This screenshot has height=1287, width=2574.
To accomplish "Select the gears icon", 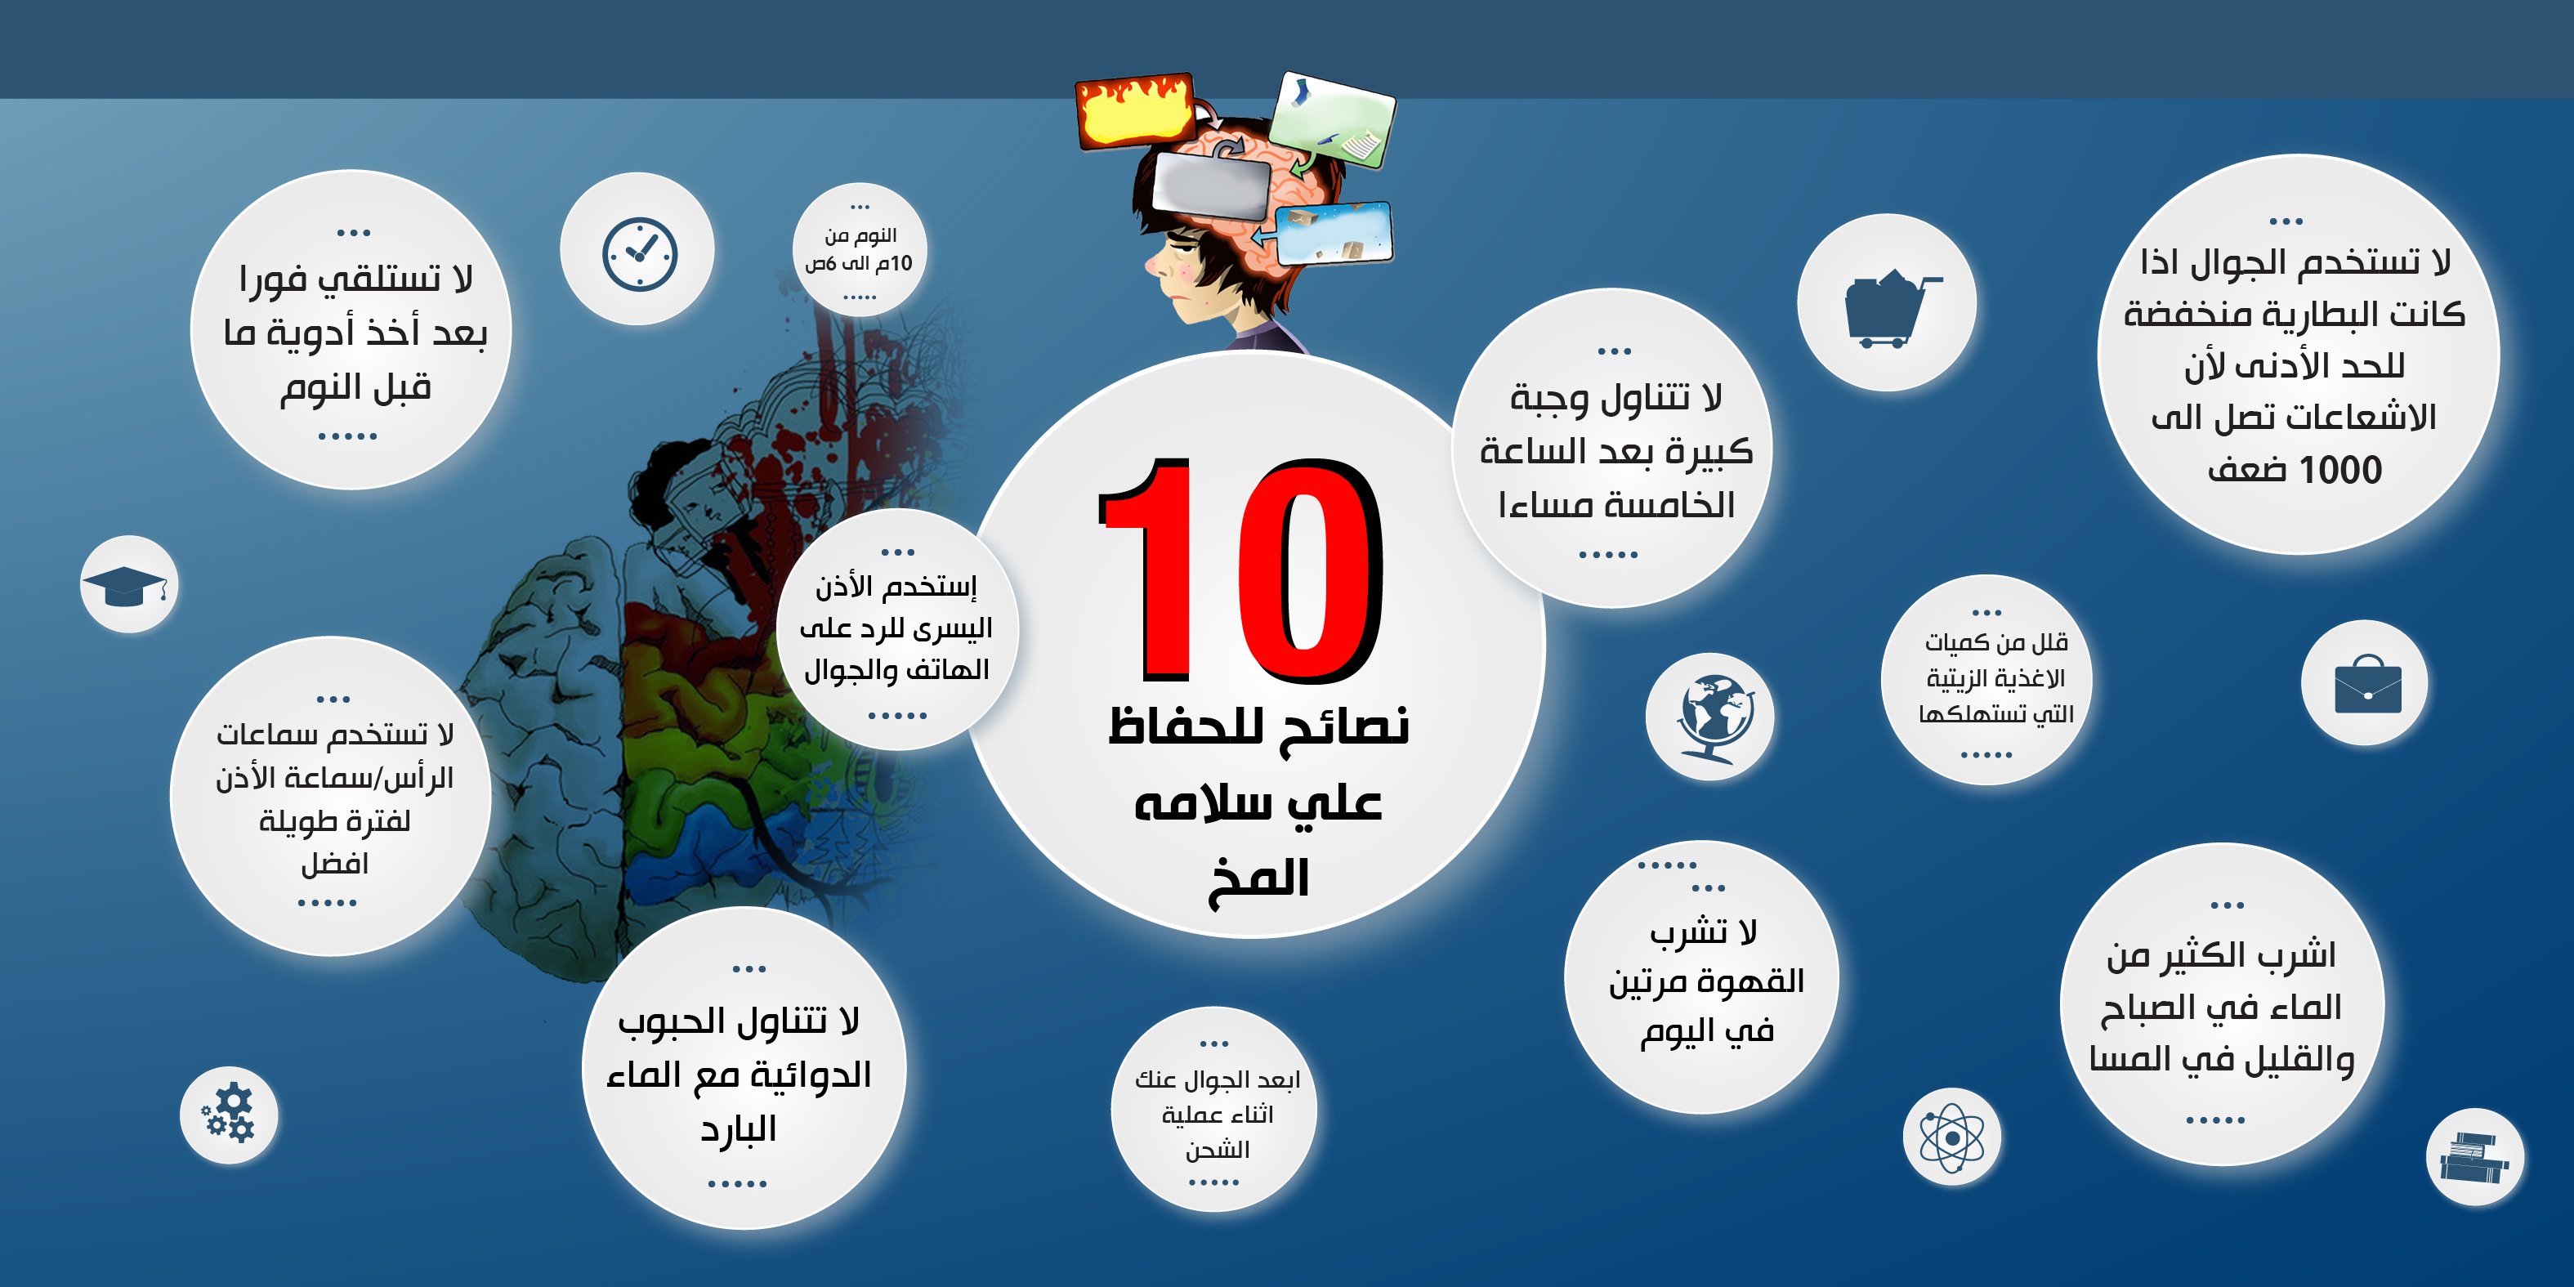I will click(x=230, y=1113).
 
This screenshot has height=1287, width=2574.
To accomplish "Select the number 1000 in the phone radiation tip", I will click(x=2340, y=470).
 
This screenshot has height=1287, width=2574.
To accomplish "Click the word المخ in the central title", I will click(x=1257, y=879).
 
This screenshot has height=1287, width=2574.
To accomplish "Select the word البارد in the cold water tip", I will click(x=739, y=1129).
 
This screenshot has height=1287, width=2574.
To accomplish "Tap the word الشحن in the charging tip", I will click(x=1216, y=1150).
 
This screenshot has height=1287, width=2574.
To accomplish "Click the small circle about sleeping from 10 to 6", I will click(x=860, y=250).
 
